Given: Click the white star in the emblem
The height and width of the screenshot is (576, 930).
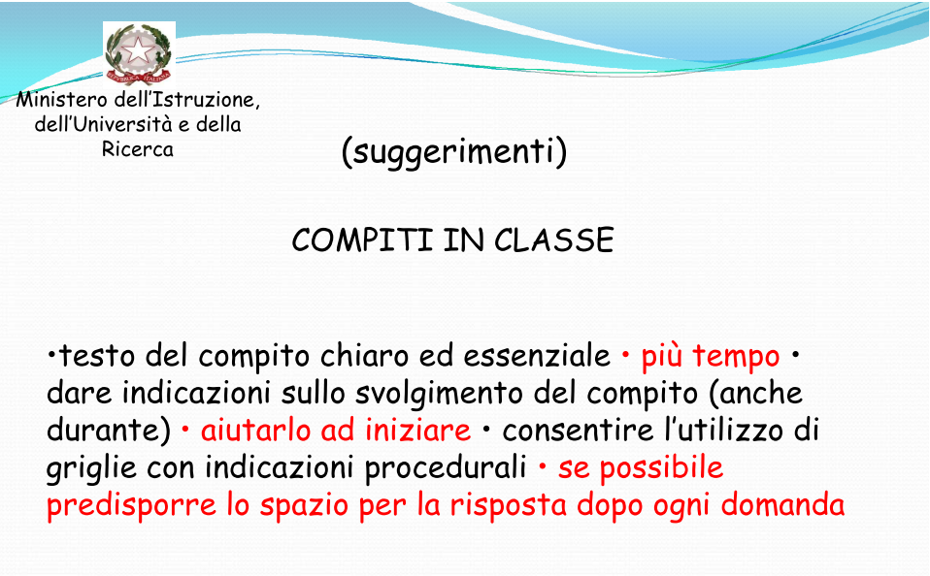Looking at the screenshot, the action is (138, 51).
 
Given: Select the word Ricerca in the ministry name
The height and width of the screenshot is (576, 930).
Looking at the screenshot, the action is (138, 148).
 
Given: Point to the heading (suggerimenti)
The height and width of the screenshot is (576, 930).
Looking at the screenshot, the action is (454, 152).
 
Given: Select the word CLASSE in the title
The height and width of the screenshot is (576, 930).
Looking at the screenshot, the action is (554, 240).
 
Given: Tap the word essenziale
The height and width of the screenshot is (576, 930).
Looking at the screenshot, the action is (537, 356).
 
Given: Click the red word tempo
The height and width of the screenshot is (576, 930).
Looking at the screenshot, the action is (736, 357).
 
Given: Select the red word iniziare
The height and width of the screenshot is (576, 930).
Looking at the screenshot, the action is (417, 430).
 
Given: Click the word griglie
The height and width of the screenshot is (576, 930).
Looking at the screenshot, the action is (92, 468).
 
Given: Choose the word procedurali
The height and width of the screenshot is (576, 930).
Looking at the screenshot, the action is (446, 468).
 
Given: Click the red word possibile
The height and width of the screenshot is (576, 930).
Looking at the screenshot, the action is (661, 468).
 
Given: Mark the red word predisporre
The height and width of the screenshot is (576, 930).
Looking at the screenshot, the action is (132, 506).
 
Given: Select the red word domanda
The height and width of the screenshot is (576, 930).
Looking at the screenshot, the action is (782, 505).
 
